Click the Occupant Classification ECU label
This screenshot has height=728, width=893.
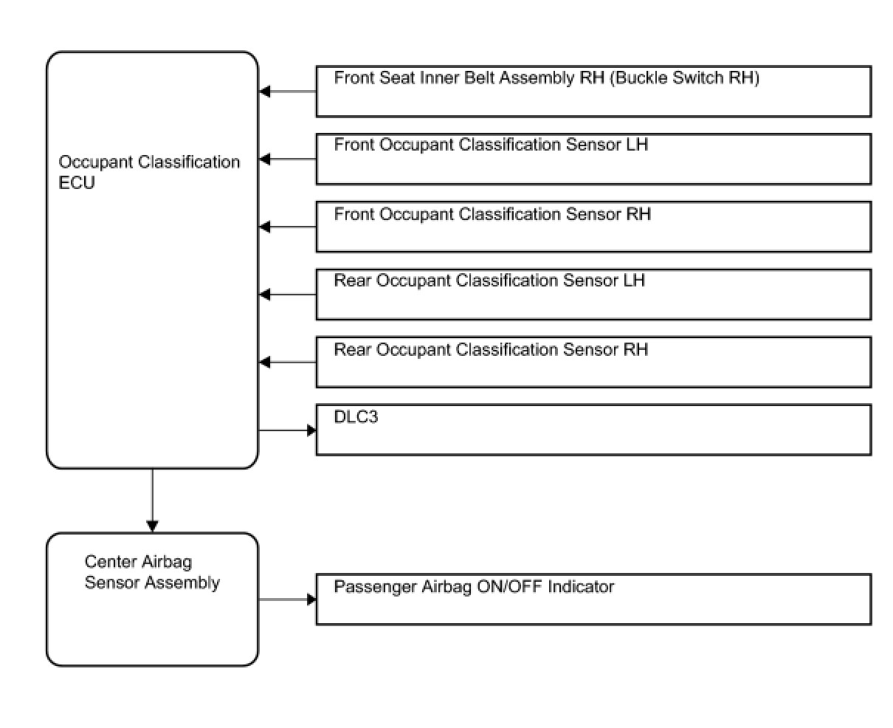tap(149, 172)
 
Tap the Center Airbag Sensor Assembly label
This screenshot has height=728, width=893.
tap(152, 572)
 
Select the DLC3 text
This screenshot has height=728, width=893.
tap(356, 416)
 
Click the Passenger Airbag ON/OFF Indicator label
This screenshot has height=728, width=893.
tap(474, 587)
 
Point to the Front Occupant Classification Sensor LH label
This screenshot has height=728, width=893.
tap(491, 145)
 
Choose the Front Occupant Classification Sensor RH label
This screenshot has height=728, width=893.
tap(492, 214)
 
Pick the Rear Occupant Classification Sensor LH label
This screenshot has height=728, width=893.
tap(489, 280)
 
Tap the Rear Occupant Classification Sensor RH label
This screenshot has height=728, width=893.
tap(491, 349)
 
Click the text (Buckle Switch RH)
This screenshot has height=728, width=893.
tap(684, 78)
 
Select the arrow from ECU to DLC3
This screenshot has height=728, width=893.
tap(288, 430)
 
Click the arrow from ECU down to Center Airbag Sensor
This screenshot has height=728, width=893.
tap(152, 501)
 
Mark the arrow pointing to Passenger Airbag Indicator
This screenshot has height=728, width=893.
tap(288, 600)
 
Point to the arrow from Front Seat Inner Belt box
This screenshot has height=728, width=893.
tap(288, 92)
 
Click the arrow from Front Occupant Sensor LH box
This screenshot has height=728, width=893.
tap(288, 159)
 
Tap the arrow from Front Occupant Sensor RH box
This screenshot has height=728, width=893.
tap(288, 227)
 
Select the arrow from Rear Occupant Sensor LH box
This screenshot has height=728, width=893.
tap(288, 295)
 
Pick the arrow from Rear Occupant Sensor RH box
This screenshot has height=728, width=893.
tap(288, 363)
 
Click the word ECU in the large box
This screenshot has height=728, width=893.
tap(77, 183)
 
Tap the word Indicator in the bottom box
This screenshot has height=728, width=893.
tap(581, 586)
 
